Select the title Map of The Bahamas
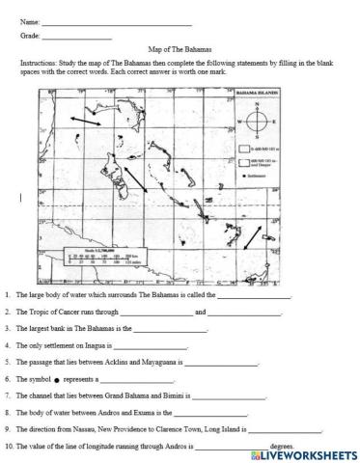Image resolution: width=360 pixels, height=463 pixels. [x=180, y=48]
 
